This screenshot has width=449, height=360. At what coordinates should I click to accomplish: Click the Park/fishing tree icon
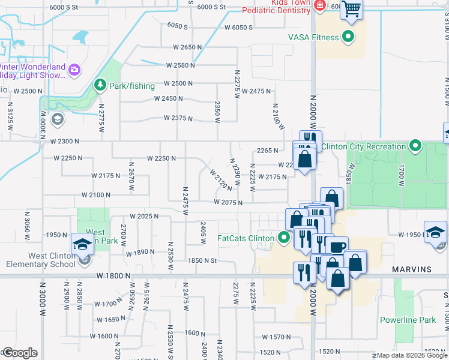[101, 86]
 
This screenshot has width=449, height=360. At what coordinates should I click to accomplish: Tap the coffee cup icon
[337, 247]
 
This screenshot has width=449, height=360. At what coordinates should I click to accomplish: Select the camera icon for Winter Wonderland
[74, 70]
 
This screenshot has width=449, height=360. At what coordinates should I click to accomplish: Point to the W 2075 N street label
[228, 203]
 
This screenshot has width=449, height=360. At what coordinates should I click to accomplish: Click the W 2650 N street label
[187, 47]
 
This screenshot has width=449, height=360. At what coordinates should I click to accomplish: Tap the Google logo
[20, 353]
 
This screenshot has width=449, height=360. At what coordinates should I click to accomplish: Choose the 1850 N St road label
[201, 260]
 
